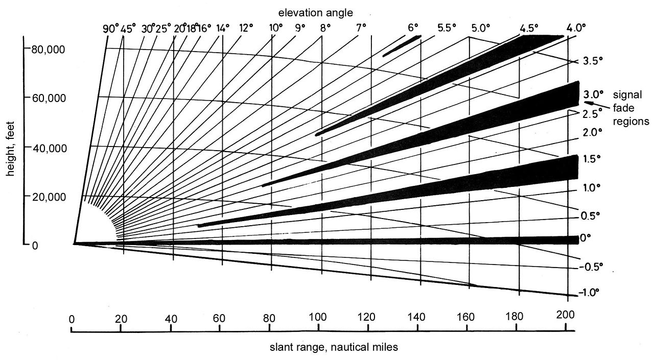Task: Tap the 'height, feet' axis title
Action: point(11,145)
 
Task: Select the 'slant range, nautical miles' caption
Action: point(334,347)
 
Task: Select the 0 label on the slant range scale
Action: point(72,319)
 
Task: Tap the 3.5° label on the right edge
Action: point(592,61)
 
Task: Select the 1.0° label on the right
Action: point(592,188)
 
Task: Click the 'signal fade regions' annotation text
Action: point(630,108)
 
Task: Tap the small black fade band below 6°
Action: point(402,45)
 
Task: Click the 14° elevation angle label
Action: point(223,29)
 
